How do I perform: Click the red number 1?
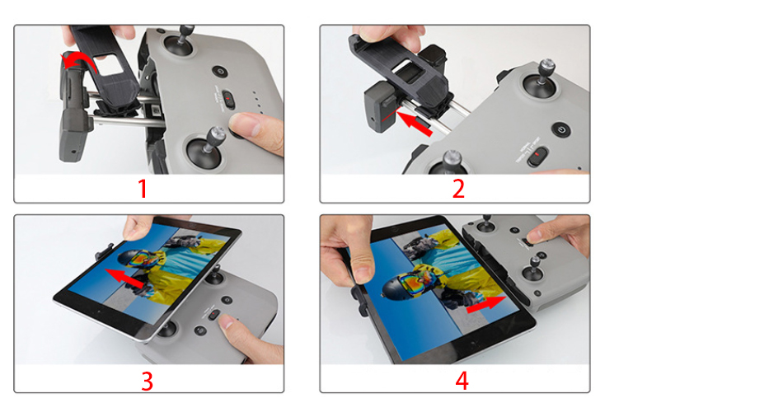[143, 189]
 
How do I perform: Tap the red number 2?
[458, 189]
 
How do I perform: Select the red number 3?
[147, 381]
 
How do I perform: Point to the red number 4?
[462, 381]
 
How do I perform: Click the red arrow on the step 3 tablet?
[126, 278]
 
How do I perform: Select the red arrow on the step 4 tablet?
[486, 303]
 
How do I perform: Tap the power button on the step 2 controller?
[562, 130]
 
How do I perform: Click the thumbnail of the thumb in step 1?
[248, 124]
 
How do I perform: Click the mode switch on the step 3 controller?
[213, 315]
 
